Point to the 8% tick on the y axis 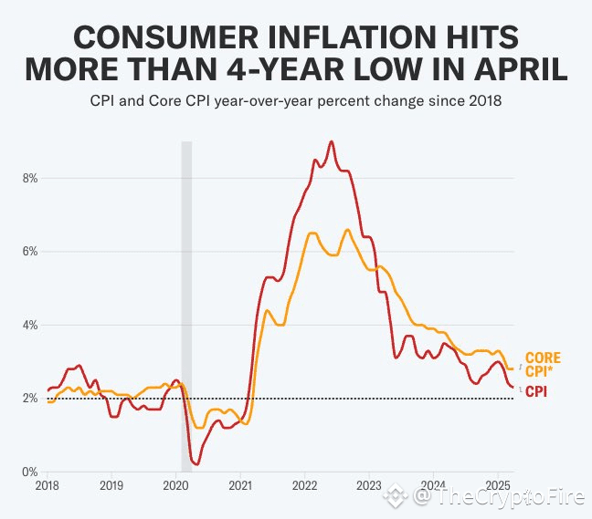[29, 178]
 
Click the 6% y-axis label [29, 252]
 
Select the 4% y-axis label [29, 326]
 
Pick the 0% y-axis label [29, 472]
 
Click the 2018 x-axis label [47, 485]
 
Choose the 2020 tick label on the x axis [175, 485]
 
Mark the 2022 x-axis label [304, 485]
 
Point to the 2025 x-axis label [499, 485]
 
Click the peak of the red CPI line [331, 141]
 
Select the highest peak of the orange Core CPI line [348, 230]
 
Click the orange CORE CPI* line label [543, 364]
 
